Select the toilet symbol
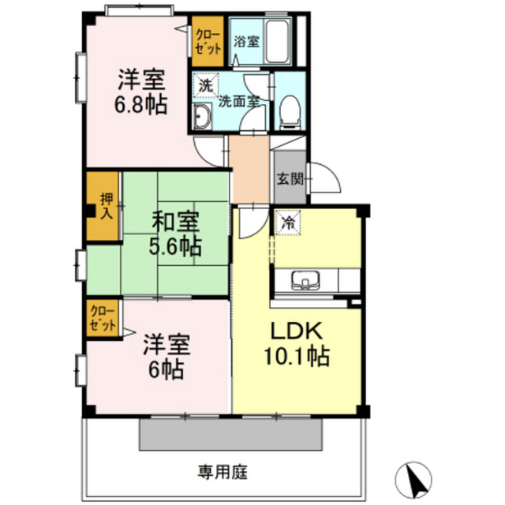click(x=289, y=112)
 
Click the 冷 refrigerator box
click(x=288, y=223)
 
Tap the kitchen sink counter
click(x=308, y=281)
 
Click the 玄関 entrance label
click(x=287, y=179)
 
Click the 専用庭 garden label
click(x=223, y=473)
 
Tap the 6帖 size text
click(x=168, y=368)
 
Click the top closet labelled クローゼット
click(x=208, y=40)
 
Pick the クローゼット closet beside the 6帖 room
click(x=103, y=320)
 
